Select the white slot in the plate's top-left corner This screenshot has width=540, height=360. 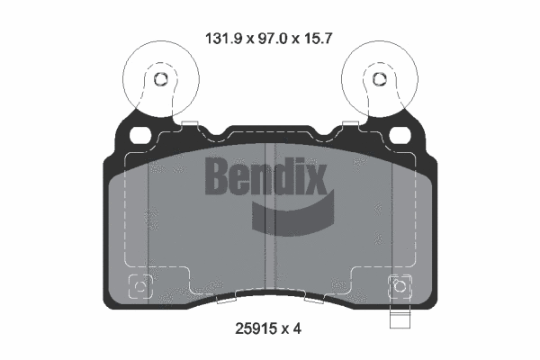point(141,134)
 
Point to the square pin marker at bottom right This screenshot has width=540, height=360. point(399,288)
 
